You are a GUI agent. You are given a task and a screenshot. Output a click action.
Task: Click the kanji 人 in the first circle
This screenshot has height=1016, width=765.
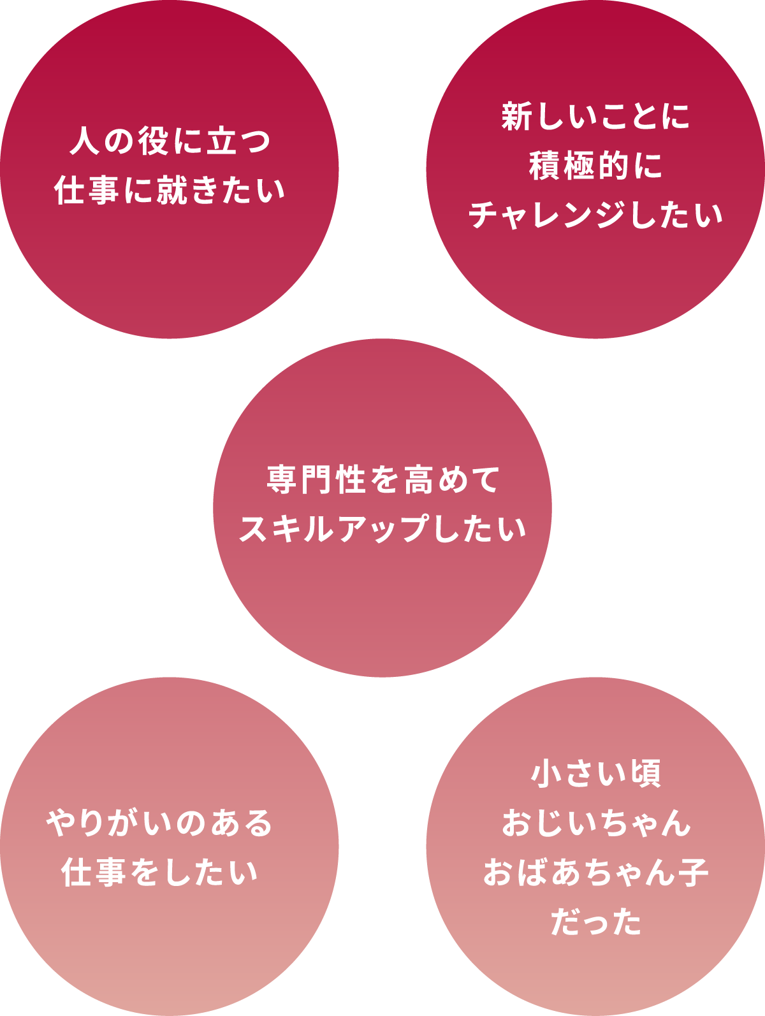coord(85,141)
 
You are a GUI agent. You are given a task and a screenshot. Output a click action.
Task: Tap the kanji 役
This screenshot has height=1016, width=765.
coord(154,141)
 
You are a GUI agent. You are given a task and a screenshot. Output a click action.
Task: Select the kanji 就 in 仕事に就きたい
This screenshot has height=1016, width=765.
coord(171,191)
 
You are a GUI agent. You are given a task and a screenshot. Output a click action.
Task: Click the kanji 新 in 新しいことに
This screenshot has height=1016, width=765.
coord(517,117)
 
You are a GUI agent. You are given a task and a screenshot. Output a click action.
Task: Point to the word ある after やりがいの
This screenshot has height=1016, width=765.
coord(242,823)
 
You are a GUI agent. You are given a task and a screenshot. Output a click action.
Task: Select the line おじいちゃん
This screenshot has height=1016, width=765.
coord(595,822)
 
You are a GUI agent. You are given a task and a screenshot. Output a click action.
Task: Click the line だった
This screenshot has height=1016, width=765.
coord(595,922)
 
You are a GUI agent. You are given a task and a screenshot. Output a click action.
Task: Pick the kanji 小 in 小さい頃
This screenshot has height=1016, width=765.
coord(546,773)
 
